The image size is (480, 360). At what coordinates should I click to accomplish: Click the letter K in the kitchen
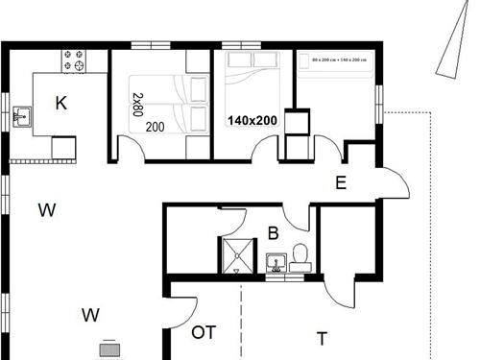point(60,104)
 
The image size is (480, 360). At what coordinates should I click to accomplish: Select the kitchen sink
point(21,117)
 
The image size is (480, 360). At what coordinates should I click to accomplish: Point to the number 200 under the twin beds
point(155,126)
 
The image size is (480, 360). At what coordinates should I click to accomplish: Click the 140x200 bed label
point(252,122)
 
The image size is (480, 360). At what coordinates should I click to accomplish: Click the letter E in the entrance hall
point(340,183)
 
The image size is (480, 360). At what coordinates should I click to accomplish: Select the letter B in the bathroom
point(273,231)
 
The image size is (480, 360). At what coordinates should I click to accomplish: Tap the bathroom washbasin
point(276,262)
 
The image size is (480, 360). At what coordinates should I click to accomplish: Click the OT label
point(204,332)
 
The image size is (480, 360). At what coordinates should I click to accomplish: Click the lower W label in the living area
point(91,314)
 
